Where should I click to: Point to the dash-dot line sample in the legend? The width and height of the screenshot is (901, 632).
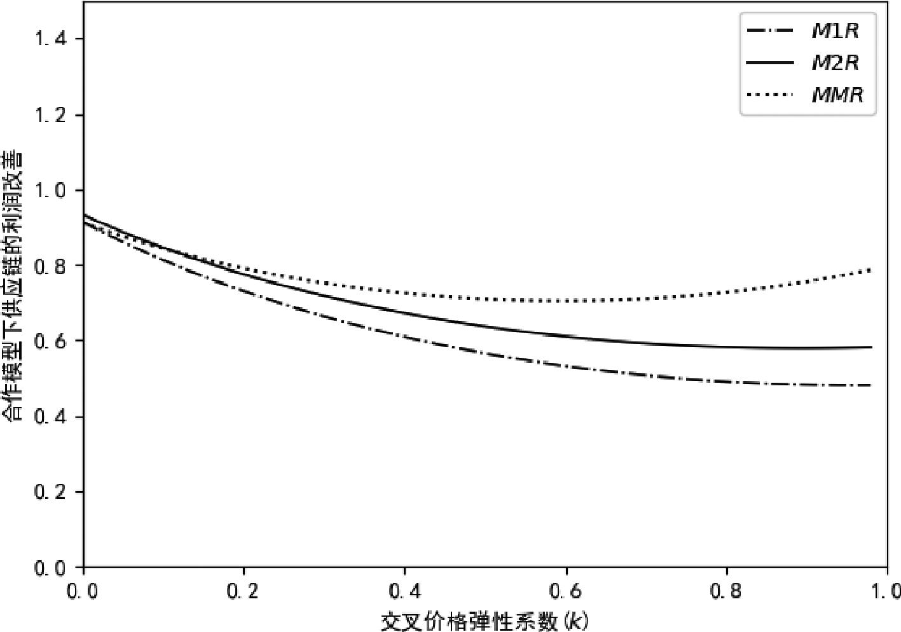tap(770, 31)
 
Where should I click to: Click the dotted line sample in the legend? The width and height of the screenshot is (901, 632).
tap(770, 95)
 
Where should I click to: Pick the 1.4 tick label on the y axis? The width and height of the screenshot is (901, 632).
tap(50, 39)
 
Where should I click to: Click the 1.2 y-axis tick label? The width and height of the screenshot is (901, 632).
tap(50, 115)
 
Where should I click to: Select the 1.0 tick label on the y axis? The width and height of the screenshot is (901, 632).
tap(50, 191)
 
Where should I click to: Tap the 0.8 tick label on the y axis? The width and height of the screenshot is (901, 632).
tap(50, 266)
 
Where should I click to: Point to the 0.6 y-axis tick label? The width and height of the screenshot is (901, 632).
tap(50, 341)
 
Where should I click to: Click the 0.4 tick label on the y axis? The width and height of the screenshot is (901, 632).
tap(50, 417)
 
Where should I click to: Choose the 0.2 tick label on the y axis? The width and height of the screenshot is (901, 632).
tap(50, 492)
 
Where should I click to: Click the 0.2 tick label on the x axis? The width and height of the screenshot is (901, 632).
tap(244, 592)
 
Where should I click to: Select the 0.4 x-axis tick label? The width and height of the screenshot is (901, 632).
tap(405, 592)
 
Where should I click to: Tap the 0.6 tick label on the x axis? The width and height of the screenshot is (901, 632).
tap(566, 592)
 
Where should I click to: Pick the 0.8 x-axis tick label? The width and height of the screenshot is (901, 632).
tap(727, 592)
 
